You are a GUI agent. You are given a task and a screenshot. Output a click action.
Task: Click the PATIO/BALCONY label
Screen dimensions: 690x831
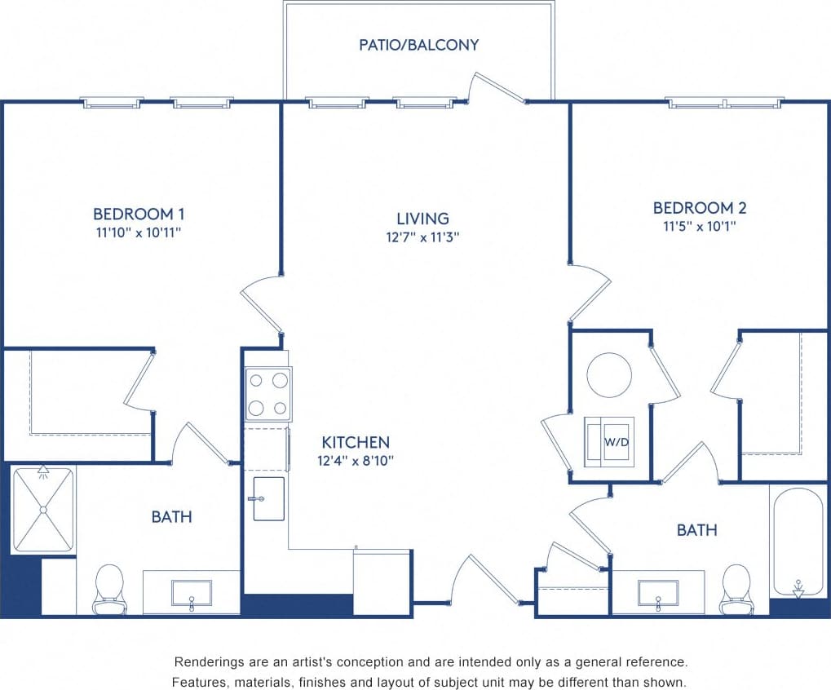click(x=418, y=45)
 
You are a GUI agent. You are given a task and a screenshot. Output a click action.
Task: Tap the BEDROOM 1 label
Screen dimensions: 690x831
click(x=139, y=214)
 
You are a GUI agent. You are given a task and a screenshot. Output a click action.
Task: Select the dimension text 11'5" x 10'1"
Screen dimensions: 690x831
click(x=700, y=227)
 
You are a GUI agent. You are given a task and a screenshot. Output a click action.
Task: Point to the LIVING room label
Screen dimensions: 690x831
click(x=422, y=219)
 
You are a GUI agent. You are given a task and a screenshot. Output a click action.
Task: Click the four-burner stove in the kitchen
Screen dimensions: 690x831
click(x=268, y=394)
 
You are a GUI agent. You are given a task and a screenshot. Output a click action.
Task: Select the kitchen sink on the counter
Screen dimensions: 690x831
click(x=269, y=498)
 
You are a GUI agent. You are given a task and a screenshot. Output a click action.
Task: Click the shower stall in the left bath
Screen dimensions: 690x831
click(x=43, y=509)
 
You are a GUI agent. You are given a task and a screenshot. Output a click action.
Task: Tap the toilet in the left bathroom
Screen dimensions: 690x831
click(x=109, y=589)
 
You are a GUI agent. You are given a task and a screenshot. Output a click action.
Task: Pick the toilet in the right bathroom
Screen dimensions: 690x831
click(x=736, y=589)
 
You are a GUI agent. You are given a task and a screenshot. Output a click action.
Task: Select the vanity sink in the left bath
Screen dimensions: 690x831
click(x=191, y=593)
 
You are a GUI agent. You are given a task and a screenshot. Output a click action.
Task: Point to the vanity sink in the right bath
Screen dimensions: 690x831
click(x=659, y=593)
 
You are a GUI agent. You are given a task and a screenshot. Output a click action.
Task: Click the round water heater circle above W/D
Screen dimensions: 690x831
click(x=609, y=374)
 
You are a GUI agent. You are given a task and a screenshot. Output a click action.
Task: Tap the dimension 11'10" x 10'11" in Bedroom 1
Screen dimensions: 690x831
click(x=139, y=232)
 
